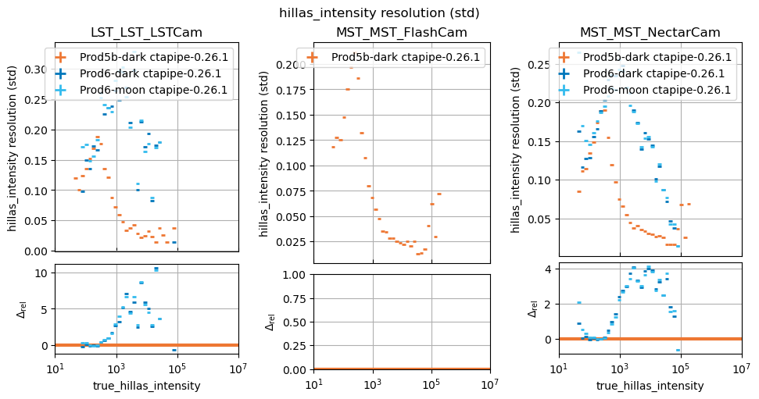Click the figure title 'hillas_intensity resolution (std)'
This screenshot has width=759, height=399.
point(379,12)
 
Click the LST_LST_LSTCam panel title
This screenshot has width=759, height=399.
point(146,33)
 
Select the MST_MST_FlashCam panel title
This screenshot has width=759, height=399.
point(401,33)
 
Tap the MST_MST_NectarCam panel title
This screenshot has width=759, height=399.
point(650,33)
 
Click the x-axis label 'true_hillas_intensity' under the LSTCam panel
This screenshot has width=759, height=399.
point(146,386)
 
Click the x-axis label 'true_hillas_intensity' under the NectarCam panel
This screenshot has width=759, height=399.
point(650,386)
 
